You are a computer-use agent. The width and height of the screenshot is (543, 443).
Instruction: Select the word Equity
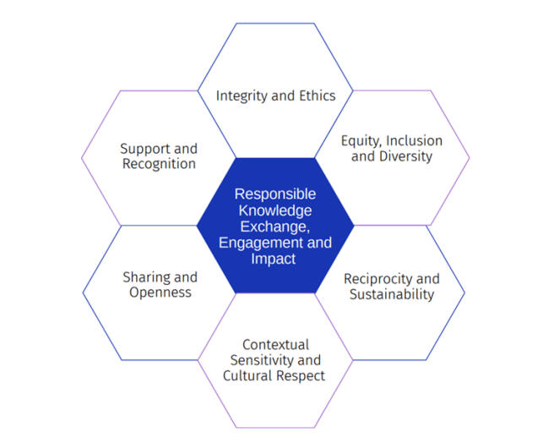(x=361, y=140)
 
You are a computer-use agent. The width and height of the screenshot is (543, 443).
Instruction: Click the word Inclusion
(x=413, y=140)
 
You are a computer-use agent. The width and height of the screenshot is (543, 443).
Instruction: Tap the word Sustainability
(x=391, y=294)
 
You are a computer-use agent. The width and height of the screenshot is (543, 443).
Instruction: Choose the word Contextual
(x=275, y=344)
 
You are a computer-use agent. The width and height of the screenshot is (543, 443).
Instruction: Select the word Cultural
(x=248, y=375)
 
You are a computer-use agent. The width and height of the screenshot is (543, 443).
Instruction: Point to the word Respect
(x=301, y=375)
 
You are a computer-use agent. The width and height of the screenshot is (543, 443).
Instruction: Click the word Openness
(x=160, y=293)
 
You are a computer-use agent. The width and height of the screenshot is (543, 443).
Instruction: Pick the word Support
(x=145, y=149)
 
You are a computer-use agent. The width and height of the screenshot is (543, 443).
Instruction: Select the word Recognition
(x=159, y=164)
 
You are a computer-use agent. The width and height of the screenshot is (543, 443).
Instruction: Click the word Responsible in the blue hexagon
(x=275, y=194)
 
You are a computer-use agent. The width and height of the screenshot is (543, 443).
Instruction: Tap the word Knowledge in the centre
(x=275, y=211)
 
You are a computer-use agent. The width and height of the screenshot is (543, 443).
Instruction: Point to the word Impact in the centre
(x=274, y=259)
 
